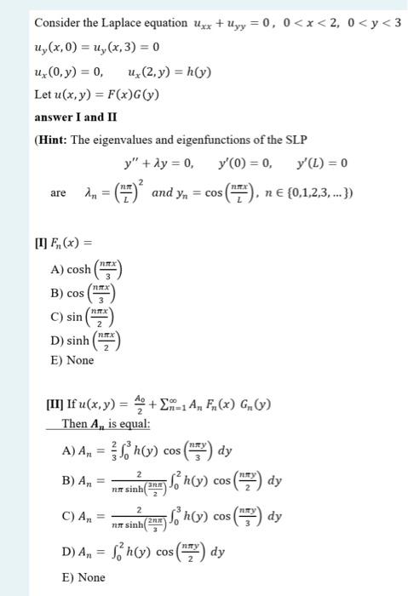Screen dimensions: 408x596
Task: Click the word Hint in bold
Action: tap(57, 140)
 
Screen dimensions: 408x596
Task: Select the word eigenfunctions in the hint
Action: tap(201, 140)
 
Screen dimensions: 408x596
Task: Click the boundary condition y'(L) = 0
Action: tap(320, 163)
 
